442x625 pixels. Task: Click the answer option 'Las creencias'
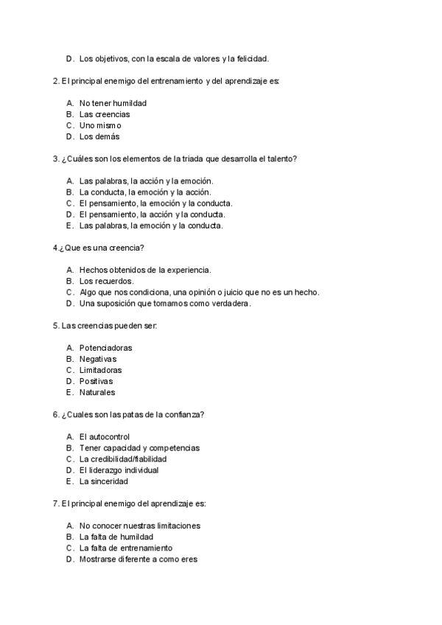point(105,114)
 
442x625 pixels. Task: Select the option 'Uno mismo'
point(100,125)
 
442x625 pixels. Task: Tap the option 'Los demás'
point(99,136)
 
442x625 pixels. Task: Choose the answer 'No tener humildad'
point(113,103)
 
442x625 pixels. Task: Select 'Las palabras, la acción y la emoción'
point(146,181)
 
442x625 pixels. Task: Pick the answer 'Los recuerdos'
point(107,281)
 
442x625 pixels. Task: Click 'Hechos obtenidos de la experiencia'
point(145,270)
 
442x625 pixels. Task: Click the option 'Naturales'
point(97,392)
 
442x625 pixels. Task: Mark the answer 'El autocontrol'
point(104,437)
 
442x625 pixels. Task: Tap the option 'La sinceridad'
point(104,481)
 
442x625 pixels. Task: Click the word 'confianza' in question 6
point(186,414)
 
